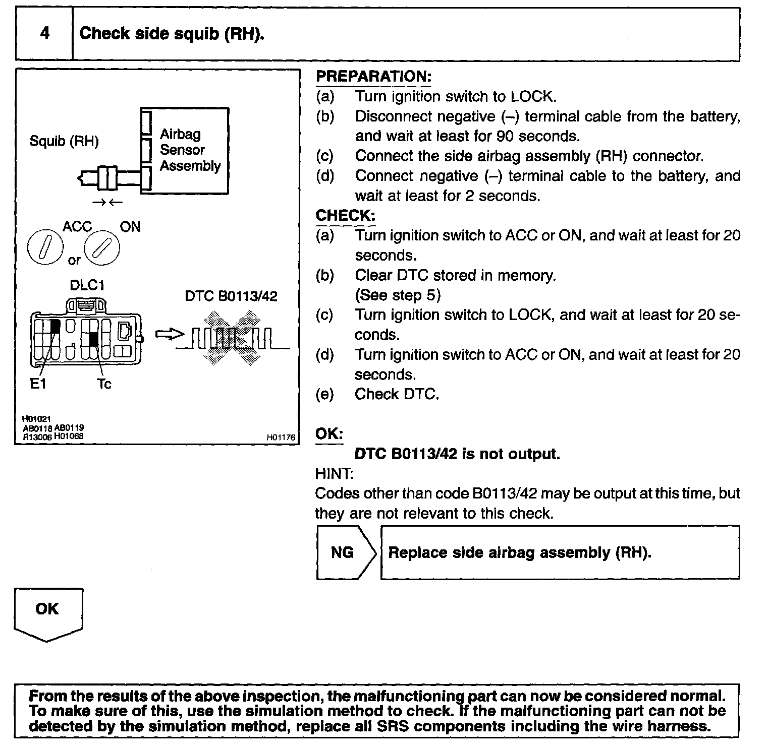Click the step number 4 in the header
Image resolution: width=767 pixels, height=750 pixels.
pos(45,34)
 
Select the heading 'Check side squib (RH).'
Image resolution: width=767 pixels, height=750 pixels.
pos(172,34)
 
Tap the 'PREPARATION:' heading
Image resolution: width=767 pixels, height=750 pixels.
pos(373,77)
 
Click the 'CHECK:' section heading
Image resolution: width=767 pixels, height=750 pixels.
pos(345,216)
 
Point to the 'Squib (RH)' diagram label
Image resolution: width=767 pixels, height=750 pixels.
pos(64,141)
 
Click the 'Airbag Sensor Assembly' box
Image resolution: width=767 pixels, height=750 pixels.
pos(190,150)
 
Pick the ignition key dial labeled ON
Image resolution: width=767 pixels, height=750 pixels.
pos(102,249)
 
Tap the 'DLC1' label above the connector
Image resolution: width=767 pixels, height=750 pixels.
pos(87,285)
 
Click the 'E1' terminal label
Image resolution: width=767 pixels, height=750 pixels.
pos(38,384)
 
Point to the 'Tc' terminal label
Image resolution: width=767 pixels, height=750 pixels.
pos(104,384)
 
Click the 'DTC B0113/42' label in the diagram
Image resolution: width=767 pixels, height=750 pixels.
pos(231,296)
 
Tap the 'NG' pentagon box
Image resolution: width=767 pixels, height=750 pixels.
pos(345,552)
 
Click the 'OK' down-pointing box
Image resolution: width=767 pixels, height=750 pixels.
pos(47,612)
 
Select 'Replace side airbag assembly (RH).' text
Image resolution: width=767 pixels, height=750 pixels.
pos(520,552)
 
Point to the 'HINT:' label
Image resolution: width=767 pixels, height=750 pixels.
pos(334,474)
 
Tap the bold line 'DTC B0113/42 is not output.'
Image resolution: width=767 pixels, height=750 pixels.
pos(457,454)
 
